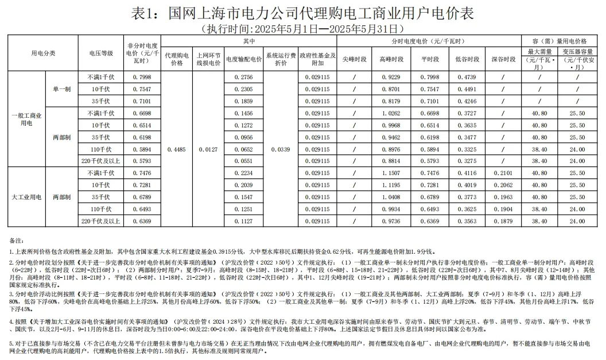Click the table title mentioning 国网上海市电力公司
coord(302,13)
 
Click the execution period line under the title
coord(302,28)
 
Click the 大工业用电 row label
coord(26,197)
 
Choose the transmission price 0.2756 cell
coord(244,77)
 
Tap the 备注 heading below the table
coord(15,238)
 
